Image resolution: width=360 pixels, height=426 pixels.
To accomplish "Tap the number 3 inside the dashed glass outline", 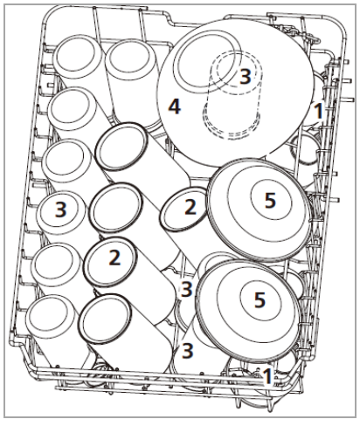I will click(246, 76).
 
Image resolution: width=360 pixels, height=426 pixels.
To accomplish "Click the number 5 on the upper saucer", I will click(270, 200).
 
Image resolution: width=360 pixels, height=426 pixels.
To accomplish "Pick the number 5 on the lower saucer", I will click(259, 299).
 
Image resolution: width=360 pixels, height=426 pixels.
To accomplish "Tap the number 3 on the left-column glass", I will click(59, 210).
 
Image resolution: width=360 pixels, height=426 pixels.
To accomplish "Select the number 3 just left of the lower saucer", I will click(185, 287).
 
